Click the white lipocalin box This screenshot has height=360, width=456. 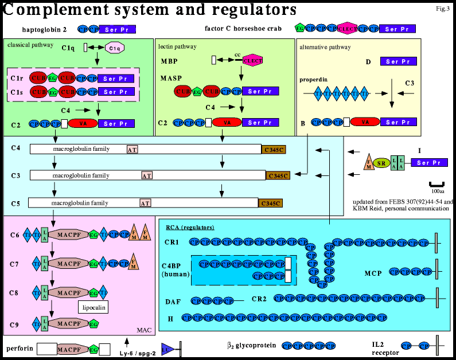click(x=93, y=307)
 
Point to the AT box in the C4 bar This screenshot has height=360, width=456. click(x=132, y=149)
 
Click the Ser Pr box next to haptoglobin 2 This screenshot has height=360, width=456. click(x=117, y=28)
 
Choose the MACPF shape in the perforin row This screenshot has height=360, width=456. click(x=68, y=349)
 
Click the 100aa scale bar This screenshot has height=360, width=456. click(x=438, y=185)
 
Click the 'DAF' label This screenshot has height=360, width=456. click(x=172, y=300)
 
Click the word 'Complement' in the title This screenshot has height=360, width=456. click(x=54, y=10)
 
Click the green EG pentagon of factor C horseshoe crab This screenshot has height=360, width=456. click(x=299, y=28)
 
